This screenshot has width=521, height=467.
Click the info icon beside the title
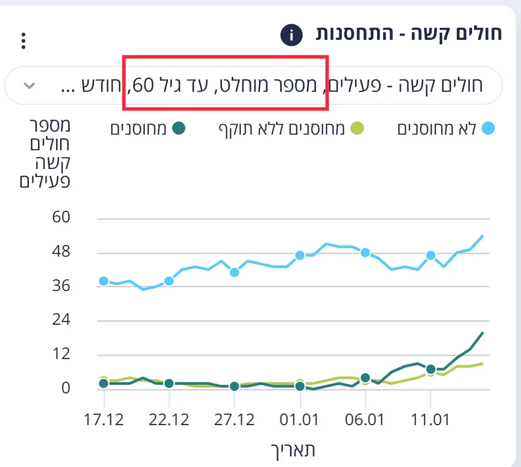291,35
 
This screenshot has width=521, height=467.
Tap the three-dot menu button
23,41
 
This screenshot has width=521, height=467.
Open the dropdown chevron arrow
30,85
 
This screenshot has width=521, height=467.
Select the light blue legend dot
488,129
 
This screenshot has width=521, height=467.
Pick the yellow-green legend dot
357,129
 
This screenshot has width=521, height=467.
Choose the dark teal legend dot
179,129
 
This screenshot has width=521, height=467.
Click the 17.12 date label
103,420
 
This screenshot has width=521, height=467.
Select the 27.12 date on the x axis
234,420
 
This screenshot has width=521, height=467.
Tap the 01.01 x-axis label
300,420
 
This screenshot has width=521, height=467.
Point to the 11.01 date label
431,420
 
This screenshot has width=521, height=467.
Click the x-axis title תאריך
293,450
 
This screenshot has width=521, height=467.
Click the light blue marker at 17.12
104,281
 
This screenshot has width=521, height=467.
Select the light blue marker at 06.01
366,252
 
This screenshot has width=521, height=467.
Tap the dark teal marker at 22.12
169,383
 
